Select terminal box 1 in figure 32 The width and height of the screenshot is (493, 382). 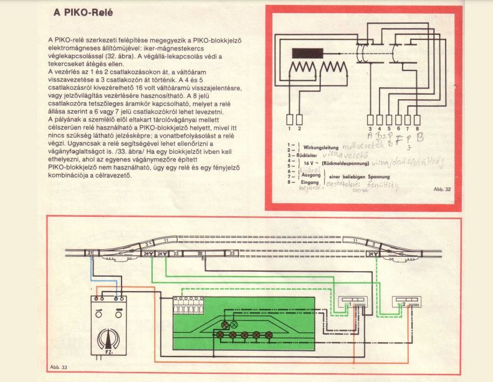click(290, 119)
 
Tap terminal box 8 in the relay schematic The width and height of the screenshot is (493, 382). click(426, 119)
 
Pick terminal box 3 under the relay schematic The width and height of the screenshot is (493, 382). click(370, 119)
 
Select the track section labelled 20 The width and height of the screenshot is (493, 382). click(200, 254)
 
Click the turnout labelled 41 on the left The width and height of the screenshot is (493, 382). click(119, 254)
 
